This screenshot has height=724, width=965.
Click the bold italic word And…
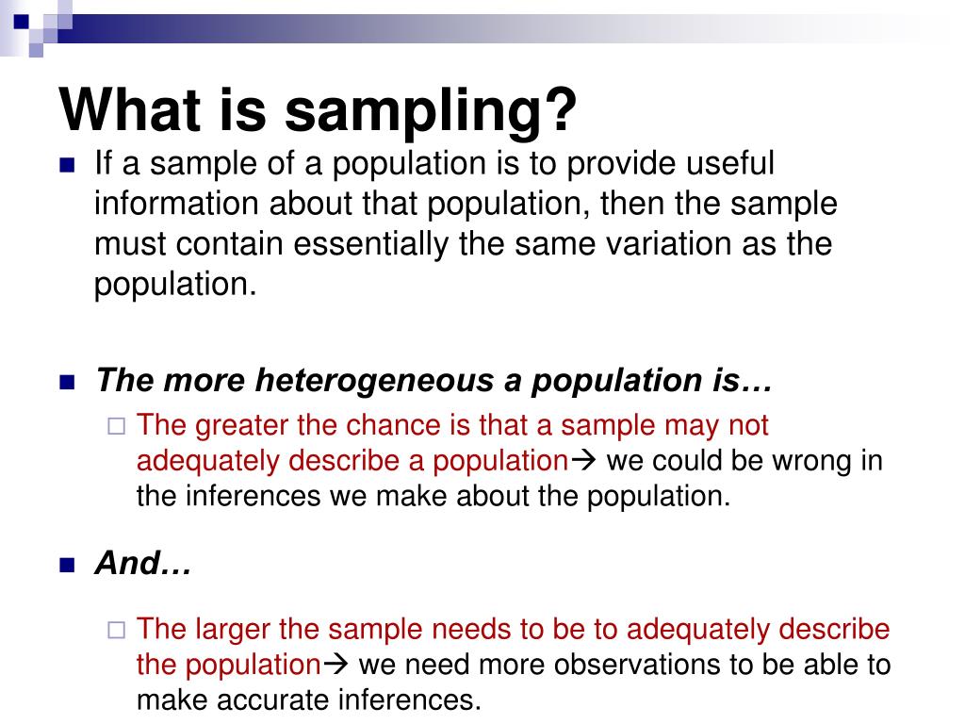[x=143, y=565]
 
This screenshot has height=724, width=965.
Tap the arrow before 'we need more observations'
[x=337, y=665]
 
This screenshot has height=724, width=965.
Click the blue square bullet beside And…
[x=67, y=566]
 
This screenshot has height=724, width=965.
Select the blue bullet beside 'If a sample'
[x=67, y=165]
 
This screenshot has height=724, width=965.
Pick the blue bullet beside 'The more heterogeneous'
[x=67, y=382]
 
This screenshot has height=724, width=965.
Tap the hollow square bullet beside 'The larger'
[x=116, y=630]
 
